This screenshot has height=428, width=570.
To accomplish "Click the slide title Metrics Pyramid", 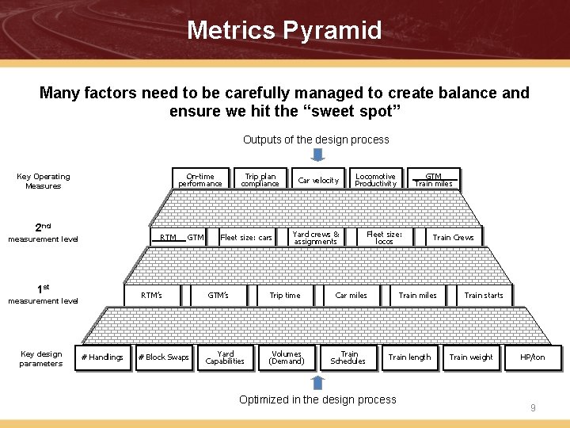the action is [284, 31].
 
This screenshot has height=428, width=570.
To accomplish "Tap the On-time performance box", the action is [200, 180].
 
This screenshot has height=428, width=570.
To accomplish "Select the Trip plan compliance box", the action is [260, 180].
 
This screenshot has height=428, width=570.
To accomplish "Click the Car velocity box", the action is [317, 180].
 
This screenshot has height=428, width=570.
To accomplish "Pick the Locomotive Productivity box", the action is [375, 180].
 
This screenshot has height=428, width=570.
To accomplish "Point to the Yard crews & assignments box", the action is [316, 238].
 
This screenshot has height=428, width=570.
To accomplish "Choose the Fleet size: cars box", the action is [246, 238].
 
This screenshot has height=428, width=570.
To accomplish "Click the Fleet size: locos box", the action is [385, 238].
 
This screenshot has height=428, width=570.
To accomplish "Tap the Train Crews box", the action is [453, 238].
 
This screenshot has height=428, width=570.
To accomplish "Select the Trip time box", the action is [285, 296].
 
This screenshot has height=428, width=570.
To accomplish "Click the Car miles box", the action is [351, 296].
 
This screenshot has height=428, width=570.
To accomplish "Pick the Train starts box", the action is [484, 296].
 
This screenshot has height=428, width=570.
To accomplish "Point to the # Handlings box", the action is [103, 357].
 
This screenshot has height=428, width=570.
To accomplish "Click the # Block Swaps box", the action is [163, 357].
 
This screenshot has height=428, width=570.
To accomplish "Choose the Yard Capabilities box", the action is [225, 357].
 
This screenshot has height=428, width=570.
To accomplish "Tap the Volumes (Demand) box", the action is [286, 357].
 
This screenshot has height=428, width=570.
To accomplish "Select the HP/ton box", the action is [533, 357].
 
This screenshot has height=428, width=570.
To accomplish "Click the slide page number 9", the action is [533, 408].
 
